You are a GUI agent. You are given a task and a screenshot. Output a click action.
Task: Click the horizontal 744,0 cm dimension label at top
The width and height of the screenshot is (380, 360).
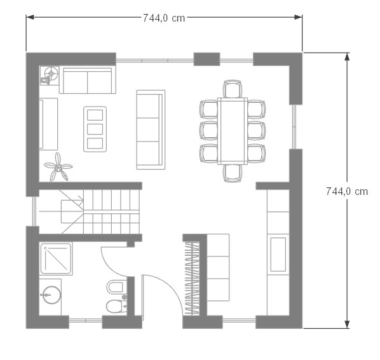pyautogui.click(x=164, y=18)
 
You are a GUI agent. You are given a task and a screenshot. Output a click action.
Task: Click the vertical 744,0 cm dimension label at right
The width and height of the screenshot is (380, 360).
pyautogui.click(x=347, y=192)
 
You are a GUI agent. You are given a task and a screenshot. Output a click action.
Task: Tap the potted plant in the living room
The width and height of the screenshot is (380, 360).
pyautogui.click(x=58, y=167)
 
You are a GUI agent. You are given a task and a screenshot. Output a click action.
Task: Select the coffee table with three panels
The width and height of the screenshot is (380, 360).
pyautogui.click(x=95, y=129)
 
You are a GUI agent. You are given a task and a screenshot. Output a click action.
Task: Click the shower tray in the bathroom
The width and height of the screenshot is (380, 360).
pyautogui.click(x=56, y=258)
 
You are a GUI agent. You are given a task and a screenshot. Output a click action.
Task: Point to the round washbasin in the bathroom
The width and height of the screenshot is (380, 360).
pyautogui.click(x=51, y=295)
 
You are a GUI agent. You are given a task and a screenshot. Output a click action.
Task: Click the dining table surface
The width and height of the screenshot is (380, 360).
pyautogui.click(x=233, y=131)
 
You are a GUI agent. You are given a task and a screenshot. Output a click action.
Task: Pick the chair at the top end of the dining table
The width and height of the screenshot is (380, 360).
pyautogui.click(x=233, y=89)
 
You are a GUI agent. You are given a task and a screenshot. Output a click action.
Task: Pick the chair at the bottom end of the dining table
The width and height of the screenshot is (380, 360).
pyautogui.click(x=233, y=173)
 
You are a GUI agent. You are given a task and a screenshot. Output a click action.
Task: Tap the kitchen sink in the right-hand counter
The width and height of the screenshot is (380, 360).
pyautogui.click(x=278, y=254)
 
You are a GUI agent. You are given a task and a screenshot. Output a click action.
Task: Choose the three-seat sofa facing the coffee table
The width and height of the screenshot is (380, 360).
pyautogui.click(x=151, y=130)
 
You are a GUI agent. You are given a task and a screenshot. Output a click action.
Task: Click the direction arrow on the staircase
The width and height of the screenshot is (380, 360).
pyautogui.click(x=72, y=200)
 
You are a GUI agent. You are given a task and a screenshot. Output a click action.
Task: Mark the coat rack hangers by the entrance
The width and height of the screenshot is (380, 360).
pyautogui.click(x=192, y=278)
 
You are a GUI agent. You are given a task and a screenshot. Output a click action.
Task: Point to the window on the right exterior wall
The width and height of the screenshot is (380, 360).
pyautogui.click(x=294, y=127)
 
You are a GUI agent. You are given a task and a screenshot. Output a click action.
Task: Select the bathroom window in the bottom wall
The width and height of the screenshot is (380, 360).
pyautogui.click(x=86, y=321)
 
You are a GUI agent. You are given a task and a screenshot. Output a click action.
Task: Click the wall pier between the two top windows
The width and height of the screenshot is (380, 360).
pyautogui.click(x=207, y=59)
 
